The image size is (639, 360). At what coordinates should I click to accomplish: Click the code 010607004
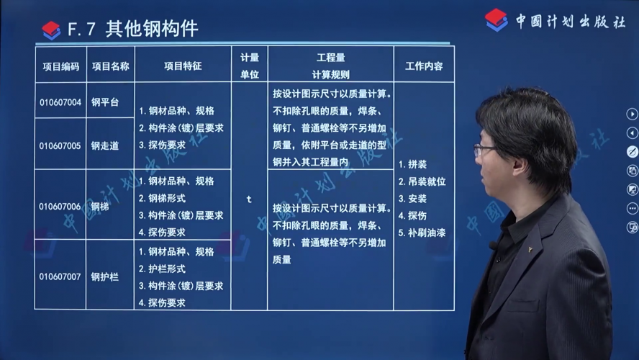point(60,102)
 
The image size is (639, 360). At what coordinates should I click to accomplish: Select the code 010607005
point(60,146)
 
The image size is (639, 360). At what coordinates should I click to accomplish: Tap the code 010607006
point(60,207)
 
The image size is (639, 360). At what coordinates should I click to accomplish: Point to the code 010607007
point(60,276)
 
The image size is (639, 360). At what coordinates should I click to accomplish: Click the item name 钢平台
point(105,102)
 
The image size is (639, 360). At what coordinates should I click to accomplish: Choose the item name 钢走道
point(105,145)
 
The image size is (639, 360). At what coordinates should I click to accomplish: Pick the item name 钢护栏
point(105,276)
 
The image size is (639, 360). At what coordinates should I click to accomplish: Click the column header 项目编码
point(61,66)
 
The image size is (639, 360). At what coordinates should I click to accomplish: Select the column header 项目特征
point(183,66)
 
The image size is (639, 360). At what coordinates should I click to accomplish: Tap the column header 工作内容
point(424,66)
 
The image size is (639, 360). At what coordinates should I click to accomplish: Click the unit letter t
point(249,199)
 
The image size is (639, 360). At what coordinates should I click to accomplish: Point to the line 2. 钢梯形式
point(162,199)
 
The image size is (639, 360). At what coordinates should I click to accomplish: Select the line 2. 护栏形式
point(162,269)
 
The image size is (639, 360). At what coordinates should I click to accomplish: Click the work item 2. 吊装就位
point(422,181)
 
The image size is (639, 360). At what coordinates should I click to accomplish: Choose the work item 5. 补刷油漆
point(422,233)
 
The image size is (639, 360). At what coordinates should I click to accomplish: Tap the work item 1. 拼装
point(412,164)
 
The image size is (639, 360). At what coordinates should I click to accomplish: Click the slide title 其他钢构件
point(152,29)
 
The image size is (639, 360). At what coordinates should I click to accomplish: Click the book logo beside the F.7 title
point(51,30)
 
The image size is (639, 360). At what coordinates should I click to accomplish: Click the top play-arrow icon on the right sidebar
point(632,114)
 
